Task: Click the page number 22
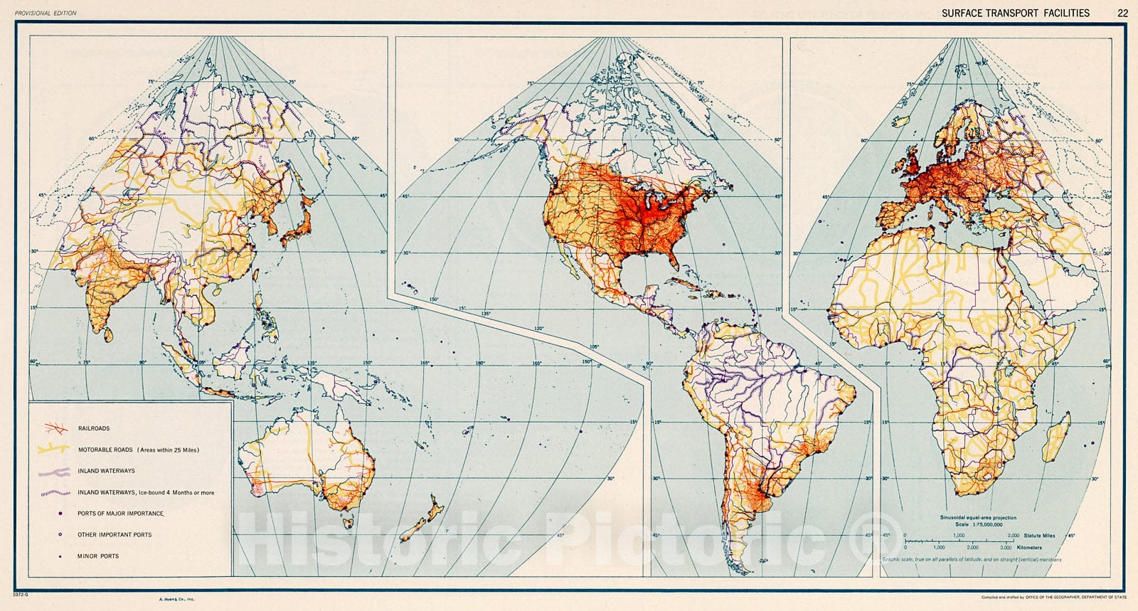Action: tap(1122, 13)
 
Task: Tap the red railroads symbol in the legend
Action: tap(52, 428)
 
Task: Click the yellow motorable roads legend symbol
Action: tap(52, 450)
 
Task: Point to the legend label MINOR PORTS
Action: tap(98, 556)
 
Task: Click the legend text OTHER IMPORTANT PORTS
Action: tap(115, 535)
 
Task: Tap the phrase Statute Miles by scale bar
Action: tap(1040, 536)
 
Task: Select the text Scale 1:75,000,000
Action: tap(978, 524)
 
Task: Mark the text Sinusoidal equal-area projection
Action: tap(978, 517)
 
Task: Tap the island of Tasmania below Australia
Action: tap(348, 523)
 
